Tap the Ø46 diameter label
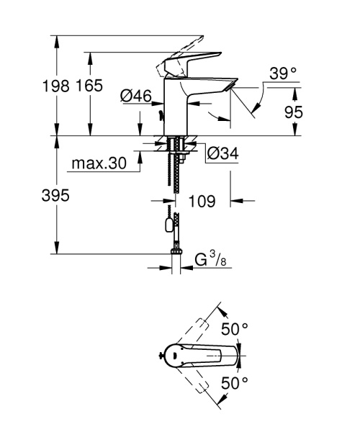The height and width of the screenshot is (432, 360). point(135,94)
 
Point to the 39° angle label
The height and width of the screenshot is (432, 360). point(283,73)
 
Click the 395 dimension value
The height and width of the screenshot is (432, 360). point(55,197)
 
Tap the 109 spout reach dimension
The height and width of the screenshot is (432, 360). point(202,202)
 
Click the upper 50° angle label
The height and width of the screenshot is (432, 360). point(235,329)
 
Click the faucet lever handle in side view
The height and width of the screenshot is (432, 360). point(189,62)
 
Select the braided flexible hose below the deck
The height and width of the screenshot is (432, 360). point(176,173)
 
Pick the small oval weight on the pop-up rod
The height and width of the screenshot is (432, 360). point(169,225)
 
